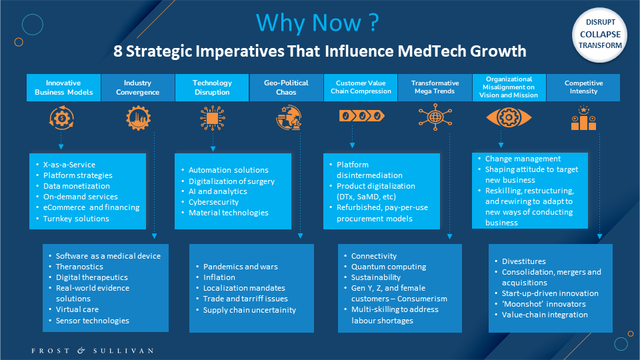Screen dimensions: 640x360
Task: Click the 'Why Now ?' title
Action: click(317, 23)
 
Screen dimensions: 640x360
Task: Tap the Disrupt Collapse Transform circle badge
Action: click(599, 35)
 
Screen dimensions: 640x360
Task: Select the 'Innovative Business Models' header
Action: click(64, 87)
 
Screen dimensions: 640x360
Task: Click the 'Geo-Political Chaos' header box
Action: click(286, 87)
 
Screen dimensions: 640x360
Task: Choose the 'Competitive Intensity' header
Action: click(583, 87)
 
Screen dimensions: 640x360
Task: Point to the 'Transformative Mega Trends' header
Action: click(435, 87)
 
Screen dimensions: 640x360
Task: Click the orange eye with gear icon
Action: click(509, 117)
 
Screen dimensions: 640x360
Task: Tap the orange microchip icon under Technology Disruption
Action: click(212, 118)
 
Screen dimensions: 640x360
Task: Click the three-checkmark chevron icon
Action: click(361, 116)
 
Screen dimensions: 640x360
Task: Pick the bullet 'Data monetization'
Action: click(77, 186)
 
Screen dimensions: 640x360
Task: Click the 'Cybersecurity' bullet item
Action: click(213, 202)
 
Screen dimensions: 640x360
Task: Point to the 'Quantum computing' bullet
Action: click(389, 267)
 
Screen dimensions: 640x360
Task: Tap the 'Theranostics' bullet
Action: click(79, 267)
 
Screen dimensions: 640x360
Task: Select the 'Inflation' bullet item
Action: click(219, 277)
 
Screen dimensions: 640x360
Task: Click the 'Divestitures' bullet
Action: click(524, 261)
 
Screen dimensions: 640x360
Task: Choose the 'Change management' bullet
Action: click(523, 159)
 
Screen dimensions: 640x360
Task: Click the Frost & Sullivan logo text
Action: click(93, 351)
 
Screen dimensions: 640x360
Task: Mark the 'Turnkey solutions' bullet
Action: click(76, 219)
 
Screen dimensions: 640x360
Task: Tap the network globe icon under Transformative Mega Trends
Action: click(435, 117)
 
